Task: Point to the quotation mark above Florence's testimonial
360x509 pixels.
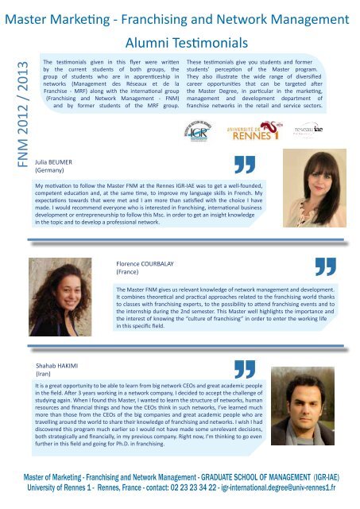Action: tap(320, 269)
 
